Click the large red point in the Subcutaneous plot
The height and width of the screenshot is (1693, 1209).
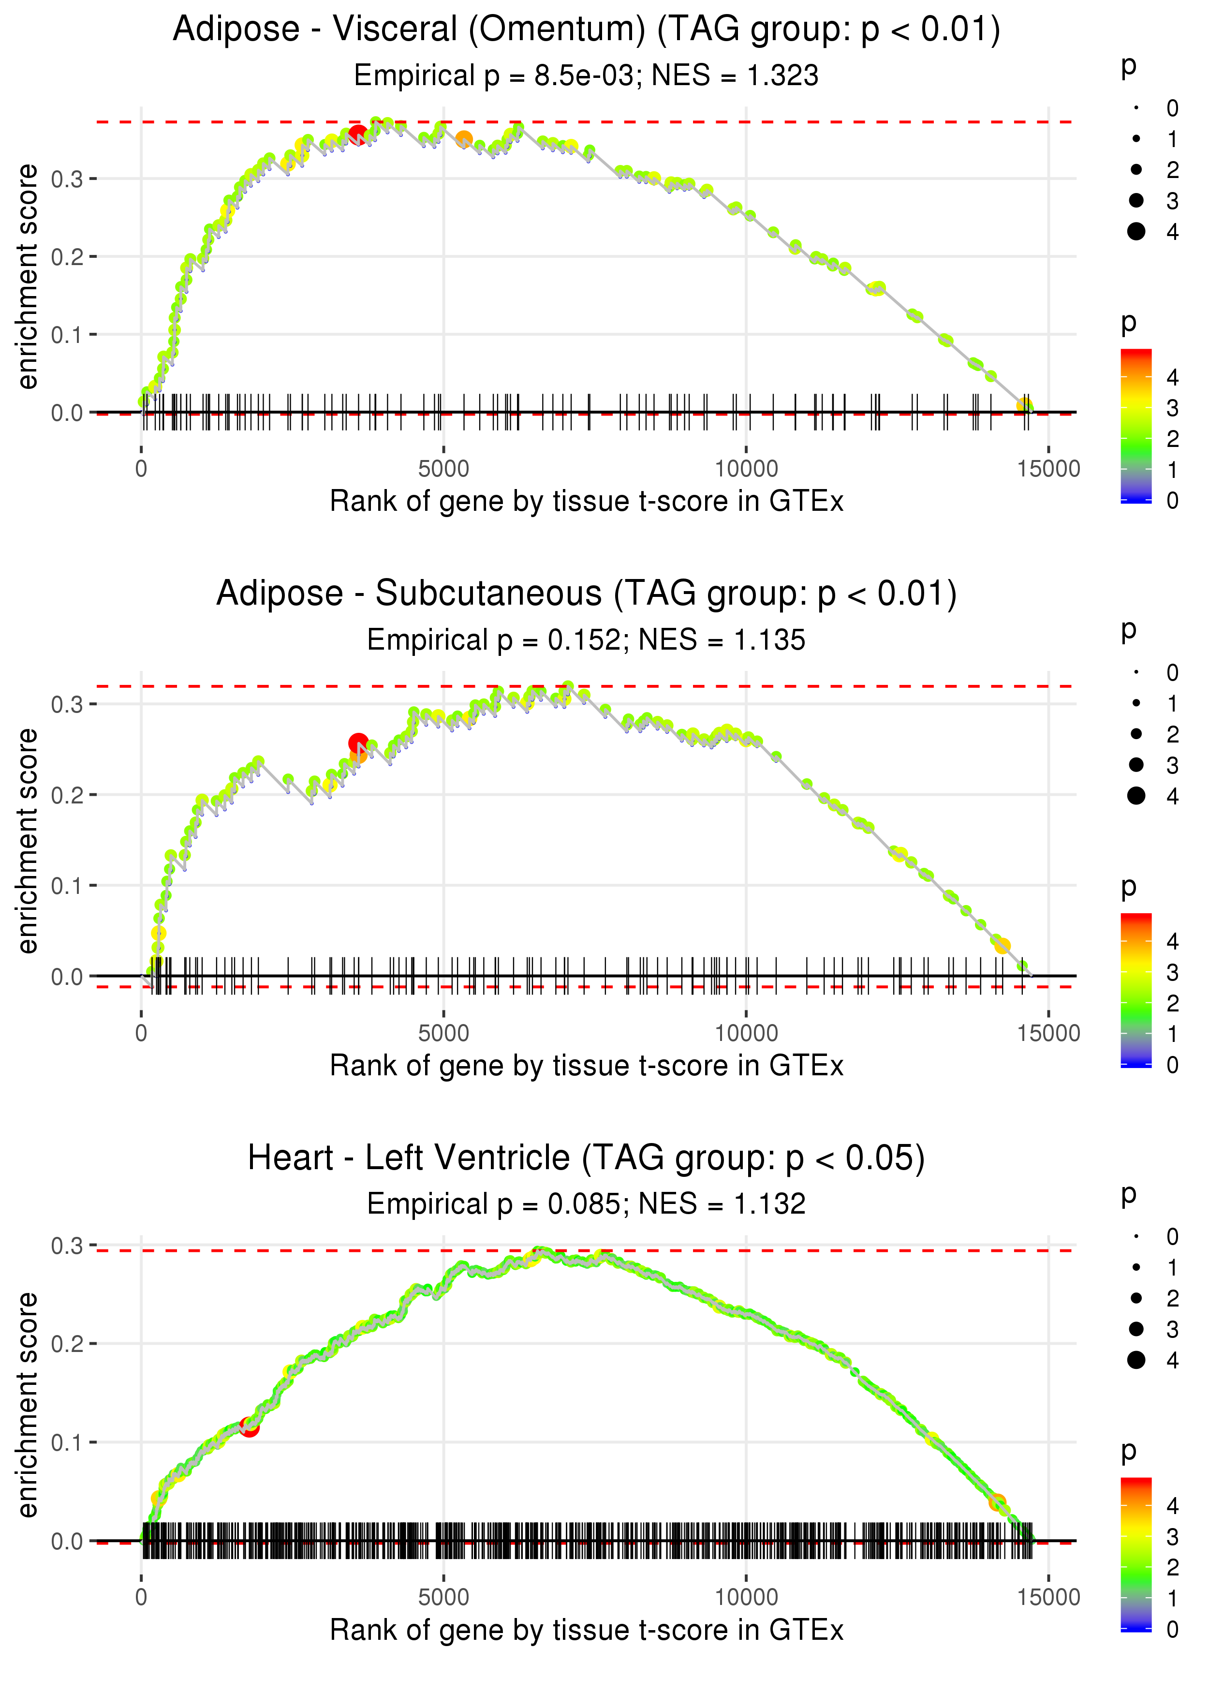(x=358, y=743)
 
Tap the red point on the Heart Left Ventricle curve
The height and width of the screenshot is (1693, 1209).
(x=250, y=1427)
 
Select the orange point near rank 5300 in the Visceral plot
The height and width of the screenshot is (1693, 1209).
(x=464, y=139)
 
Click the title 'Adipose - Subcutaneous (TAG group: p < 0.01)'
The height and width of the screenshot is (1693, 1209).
(x=587, y=594)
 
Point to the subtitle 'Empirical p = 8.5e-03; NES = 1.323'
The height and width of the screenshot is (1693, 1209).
(x=587, y=75)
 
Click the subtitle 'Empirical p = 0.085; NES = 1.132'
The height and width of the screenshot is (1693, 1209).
(x=587, y=1204)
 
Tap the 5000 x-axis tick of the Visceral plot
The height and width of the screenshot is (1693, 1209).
(x=443, y=469)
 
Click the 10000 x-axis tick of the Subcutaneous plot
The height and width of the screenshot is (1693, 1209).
(x=746, y=1033)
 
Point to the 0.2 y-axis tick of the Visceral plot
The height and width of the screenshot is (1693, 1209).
(x=67, y=257)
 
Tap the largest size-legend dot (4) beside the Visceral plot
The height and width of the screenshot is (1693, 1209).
(x=1136, y=232)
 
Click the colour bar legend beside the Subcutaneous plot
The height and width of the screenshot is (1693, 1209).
(x=1136, y=990)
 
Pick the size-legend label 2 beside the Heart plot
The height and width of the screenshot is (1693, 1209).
(x=1173, y=1298)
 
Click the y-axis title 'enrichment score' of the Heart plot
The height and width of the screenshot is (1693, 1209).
(x=28, y=1404)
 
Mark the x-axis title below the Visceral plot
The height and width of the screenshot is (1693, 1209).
(x=587, y=501)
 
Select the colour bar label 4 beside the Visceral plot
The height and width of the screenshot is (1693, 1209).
(x=1173, y=377)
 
